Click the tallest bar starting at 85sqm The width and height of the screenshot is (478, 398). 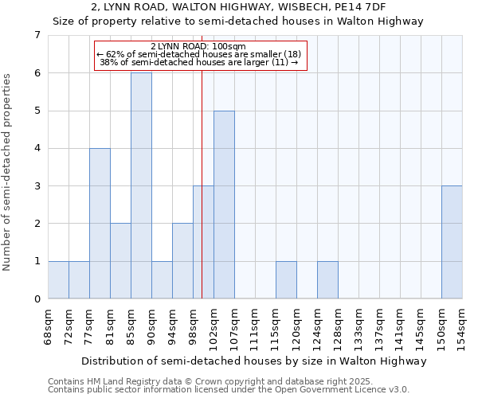pos(141,185)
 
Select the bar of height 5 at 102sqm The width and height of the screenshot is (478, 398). pos(224,205)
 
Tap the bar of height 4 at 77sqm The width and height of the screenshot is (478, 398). pos(100,224)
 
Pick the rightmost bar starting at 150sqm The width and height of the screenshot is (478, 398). pos(452,242)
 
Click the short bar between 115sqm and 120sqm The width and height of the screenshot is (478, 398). pos(286,280)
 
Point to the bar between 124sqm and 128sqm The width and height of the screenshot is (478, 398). pos(327,280)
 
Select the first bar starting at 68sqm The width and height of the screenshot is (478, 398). pos(58,280)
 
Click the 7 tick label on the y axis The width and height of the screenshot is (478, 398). pos(37,35)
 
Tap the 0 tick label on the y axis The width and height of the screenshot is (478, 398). pos(37,299)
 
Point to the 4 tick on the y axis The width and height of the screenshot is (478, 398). pos(37,148)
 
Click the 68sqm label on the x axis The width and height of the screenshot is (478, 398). pos(49,325)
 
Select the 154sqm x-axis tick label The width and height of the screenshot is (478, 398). pos(463,325)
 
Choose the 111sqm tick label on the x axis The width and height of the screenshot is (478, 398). pos(256,325)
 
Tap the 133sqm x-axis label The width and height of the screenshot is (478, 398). pos(359,325)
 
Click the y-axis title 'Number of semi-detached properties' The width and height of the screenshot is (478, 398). pos(8,172)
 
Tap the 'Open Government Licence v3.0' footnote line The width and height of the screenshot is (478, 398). pos(228,390)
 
